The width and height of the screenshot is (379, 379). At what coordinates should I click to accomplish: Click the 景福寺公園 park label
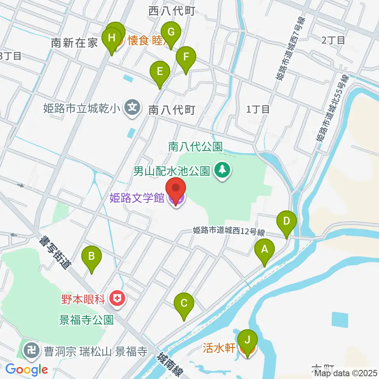[86, 319]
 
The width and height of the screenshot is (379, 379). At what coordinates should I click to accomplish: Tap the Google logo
[26, 370]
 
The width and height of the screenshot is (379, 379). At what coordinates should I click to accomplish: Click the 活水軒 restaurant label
[219, 348]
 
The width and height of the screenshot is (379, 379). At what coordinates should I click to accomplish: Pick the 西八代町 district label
[172, 11]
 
